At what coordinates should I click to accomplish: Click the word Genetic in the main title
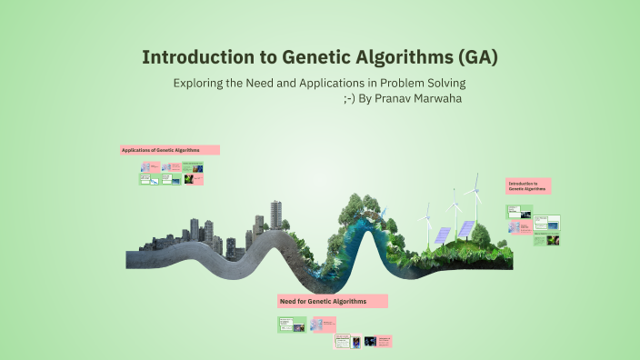pyautogui.click(x=317, y=57)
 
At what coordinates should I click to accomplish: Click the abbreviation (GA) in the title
pyautogui.click(x=472, y=57)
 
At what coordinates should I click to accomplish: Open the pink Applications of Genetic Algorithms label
pyautogui.click(x=170, y=149)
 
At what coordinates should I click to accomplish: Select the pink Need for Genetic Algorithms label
pyautogui.click(x=333, y=301)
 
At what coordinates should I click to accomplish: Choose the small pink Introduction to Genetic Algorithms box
pyautogui.click(x=528, y=185)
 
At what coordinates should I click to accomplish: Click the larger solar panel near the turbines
pyautogui.click(x=465, y=228)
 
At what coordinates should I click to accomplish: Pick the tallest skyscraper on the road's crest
pyautogui.click(x=275, y=215)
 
